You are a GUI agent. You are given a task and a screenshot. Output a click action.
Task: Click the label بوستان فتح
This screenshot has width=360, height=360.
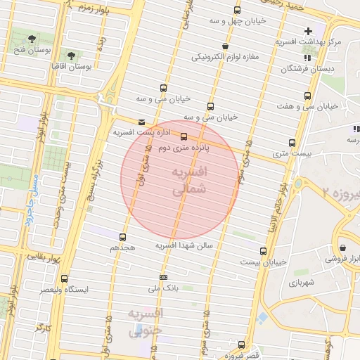tap(30, 49)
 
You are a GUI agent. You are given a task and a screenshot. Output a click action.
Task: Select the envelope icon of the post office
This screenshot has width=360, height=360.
tap(143, 121)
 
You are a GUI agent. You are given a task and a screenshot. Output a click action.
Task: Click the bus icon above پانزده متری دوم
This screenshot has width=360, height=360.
tap(184, 136)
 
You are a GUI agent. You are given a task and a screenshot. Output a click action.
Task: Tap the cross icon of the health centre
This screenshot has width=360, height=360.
tap(308, 31)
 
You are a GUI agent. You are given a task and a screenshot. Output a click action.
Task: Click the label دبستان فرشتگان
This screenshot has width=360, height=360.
tap(307, 69)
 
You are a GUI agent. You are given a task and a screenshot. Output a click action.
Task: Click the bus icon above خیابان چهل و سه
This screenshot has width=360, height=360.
tap(237, 11)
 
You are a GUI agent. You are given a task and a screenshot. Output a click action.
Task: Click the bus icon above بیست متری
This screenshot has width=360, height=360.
tap(292, 141)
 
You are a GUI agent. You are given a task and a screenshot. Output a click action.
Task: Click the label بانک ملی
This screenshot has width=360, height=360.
tap(164, 288)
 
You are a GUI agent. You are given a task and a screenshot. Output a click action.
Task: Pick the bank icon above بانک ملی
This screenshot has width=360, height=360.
tap(164, 277)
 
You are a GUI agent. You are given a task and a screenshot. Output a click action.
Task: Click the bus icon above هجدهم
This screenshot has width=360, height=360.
tap(123, 237)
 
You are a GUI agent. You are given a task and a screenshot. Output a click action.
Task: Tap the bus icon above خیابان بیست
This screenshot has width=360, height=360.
tap(264, 251)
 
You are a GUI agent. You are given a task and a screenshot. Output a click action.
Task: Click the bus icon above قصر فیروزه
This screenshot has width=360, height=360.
tap(242, 345)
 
